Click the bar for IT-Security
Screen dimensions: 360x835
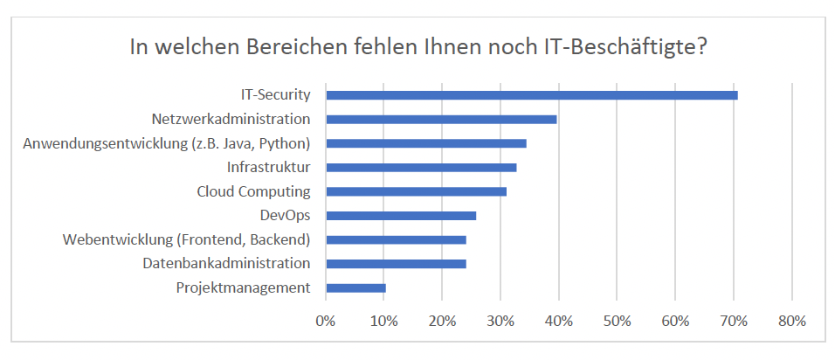pos(531,94)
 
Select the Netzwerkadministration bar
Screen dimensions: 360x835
pos(441,119)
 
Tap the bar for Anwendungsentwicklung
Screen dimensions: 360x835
pos(425,143)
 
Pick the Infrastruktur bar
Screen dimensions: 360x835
pos(421,167)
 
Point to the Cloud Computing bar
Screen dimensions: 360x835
pos(416,191)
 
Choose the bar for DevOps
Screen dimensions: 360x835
pos(401,215)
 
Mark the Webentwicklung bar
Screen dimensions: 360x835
pos(396,239)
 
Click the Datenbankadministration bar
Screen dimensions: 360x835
pos(396,263)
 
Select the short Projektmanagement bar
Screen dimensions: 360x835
pos(355,287)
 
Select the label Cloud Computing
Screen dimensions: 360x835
pos(253,191)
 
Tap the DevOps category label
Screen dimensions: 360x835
pos(285,215)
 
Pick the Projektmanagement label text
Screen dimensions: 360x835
pos(243,287)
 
